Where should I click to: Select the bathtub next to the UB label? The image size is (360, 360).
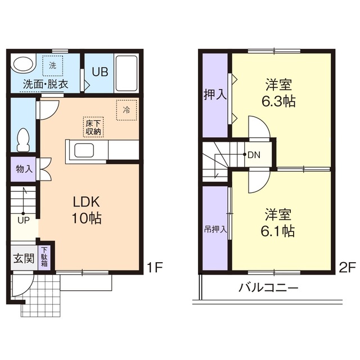126,74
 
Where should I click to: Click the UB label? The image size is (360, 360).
101,72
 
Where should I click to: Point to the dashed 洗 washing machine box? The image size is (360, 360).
52,65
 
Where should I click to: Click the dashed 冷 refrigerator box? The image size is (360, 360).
126,110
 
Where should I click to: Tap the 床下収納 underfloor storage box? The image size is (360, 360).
93,128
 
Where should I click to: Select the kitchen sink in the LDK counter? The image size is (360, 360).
85,151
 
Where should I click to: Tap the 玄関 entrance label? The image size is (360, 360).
24,259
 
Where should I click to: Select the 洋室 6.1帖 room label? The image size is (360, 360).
280,222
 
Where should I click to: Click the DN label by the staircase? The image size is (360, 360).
254,154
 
